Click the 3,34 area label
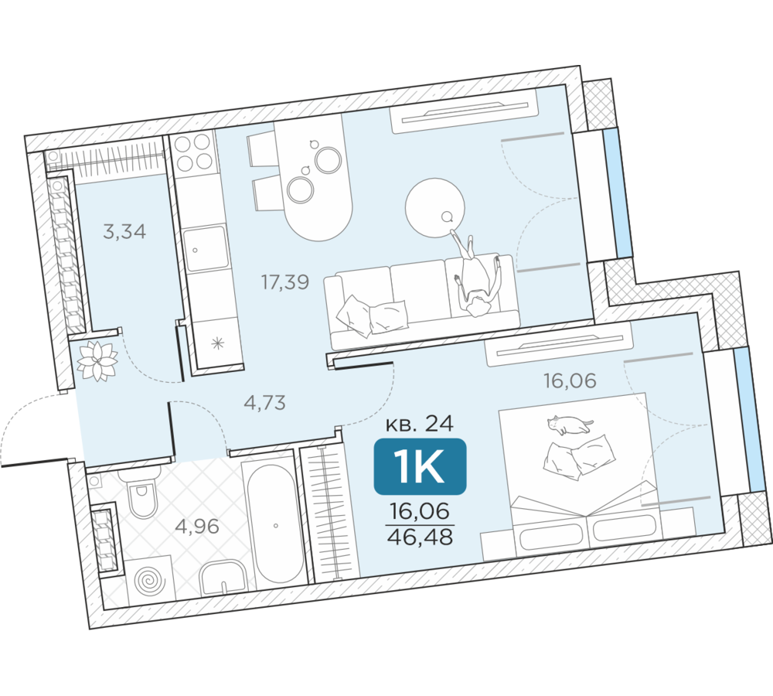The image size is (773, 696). click(124, 231)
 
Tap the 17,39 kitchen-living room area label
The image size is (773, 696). click(285, 281)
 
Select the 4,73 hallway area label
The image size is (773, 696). click(264, 403)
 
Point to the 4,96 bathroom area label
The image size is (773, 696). click(197, 527)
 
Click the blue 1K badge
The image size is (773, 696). click(420, 466)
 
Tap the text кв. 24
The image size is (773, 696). click(420, 423)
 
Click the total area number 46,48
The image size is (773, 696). click(420, 536)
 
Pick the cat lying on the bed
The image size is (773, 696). click(570, 425)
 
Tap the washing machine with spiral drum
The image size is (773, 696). click(151, 580)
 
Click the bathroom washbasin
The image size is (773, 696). click(223, 578)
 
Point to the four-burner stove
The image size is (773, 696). click(194, 152)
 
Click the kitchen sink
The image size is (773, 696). click(206, 248)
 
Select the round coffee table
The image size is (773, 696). click(434, 208)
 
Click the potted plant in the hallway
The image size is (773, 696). click(97, 361)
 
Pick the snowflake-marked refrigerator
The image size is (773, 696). click(218, 343)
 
